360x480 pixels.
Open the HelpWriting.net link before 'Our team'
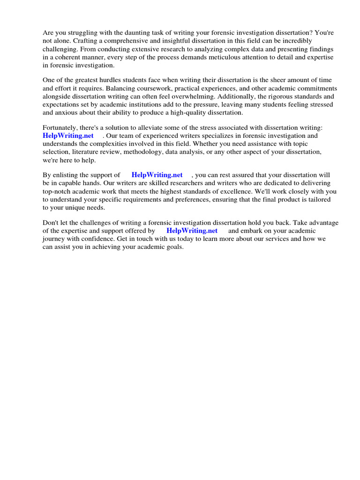[x=68, y=135]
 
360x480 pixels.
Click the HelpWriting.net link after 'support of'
[x=157, y=175]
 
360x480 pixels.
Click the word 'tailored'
[x=318, y=199]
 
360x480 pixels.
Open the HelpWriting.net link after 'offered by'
[x=192, y=231]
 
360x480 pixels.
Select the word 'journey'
[x=54, y=239]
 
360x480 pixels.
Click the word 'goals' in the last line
[x=173, y=247]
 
